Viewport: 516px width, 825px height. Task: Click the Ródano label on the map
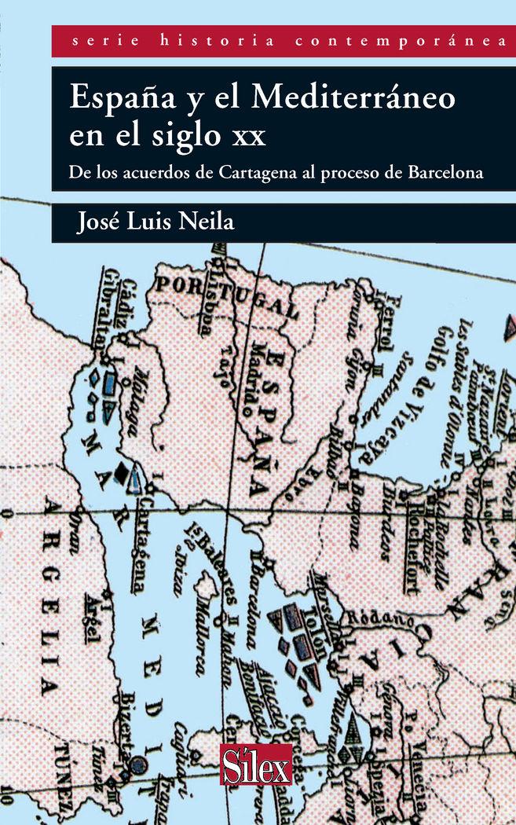pos(377,618)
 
